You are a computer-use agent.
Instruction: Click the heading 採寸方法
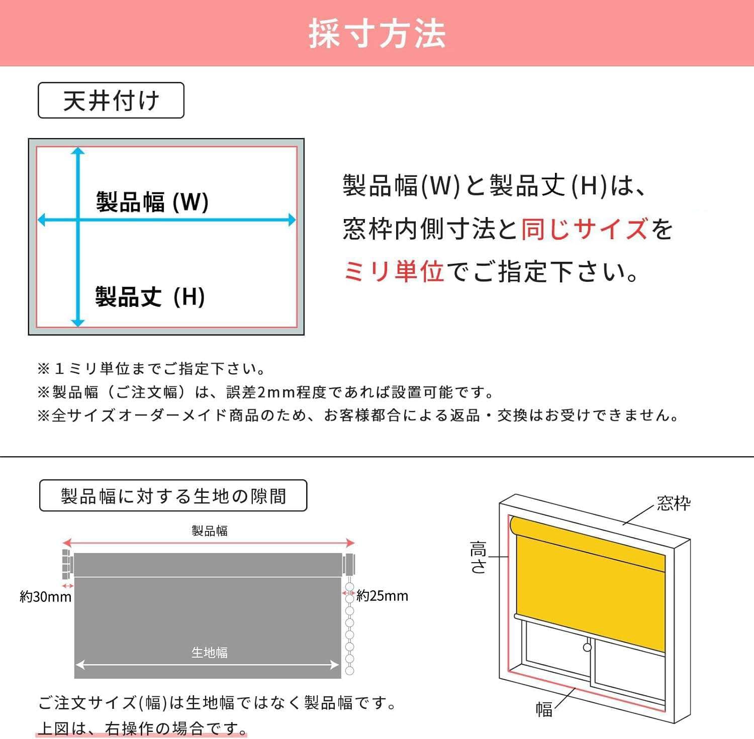(x=377, y=34)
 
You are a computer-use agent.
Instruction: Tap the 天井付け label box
(x=111, y=100)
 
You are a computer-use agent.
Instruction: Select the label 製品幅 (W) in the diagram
(x=152, y=202)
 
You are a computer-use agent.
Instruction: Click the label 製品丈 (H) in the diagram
(x=150, y=296)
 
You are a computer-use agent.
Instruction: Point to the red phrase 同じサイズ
(x=585, y=229)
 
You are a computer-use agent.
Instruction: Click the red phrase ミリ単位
(x=394, y=272)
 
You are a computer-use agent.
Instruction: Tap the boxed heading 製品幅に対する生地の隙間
(x=173, y=496)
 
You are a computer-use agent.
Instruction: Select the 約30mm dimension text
(x=45, y=597)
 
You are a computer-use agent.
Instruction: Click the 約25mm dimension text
(x=382, y=596)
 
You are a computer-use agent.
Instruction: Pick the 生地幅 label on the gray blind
(x=209, y=652)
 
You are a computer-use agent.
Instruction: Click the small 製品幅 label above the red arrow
(x=209, y=531)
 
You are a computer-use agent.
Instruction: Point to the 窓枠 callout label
(x=674, y=503)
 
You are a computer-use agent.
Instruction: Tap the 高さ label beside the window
(x=478, y=557)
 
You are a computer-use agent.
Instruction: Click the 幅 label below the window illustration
(x=544, y=709)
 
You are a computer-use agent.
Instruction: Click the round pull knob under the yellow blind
(x=587, y=647)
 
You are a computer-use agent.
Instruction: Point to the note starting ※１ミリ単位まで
(x=151, y=369)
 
